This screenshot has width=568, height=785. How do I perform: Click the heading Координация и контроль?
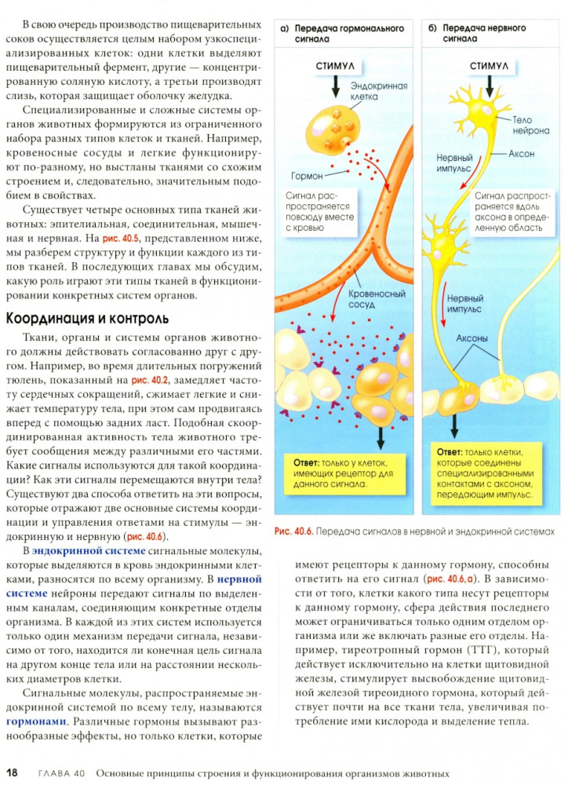coord(87,318)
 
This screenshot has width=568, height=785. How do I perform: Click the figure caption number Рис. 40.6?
coord(294,531)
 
